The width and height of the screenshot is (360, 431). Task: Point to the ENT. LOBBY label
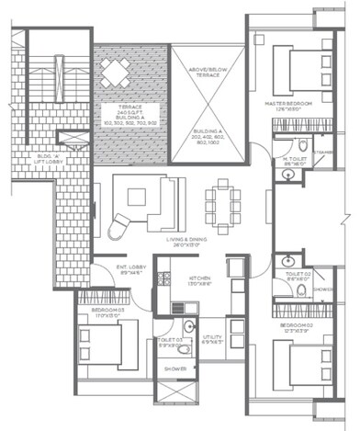tap(126, 269)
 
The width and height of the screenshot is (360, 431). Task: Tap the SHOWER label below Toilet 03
tap(173, 370)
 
